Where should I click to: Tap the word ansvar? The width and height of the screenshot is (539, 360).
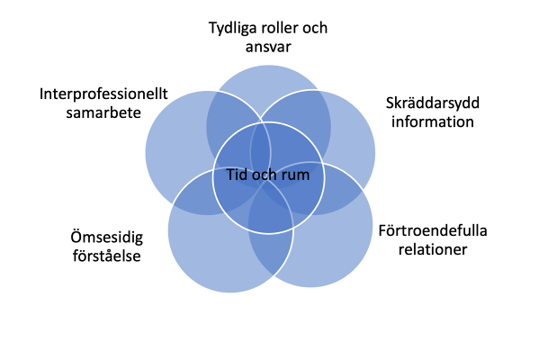click(x=268, y=47)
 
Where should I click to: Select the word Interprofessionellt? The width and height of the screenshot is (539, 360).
click(x=103, y=94)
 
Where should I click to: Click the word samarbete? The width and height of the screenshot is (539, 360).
click(x=103, y=112)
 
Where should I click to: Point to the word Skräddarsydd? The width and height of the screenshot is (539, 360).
click(x=433, y=103)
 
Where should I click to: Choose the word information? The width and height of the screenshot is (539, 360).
click(x=433, y=121)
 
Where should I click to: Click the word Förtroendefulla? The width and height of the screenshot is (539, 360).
click(x=433, y=230)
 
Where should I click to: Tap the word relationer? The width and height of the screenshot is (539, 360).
click(x=433, y=249)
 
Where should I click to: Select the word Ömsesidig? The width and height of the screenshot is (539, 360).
click(x=107, y=238)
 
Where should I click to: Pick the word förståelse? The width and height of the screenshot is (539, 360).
click(x=107, y=256)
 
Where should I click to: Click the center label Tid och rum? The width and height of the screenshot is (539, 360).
click(x=268, y=175)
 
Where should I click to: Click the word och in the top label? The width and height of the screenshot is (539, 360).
click(x=315, y=28)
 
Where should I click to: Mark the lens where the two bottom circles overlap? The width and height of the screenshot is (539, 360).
click(x=271, y=228)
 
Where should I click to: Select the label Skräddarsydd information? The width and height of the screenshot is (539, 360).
click(x=433, y=112)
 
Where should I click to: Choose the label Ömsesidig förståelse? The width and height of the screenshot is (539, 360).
click(x=107, y=247)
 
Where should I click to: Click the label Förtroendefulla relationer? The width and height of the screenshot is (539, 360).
click(x=433, y=240)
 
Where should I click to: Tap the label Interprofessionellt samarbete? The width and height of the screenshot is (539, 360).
click(x=103, y=103)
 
